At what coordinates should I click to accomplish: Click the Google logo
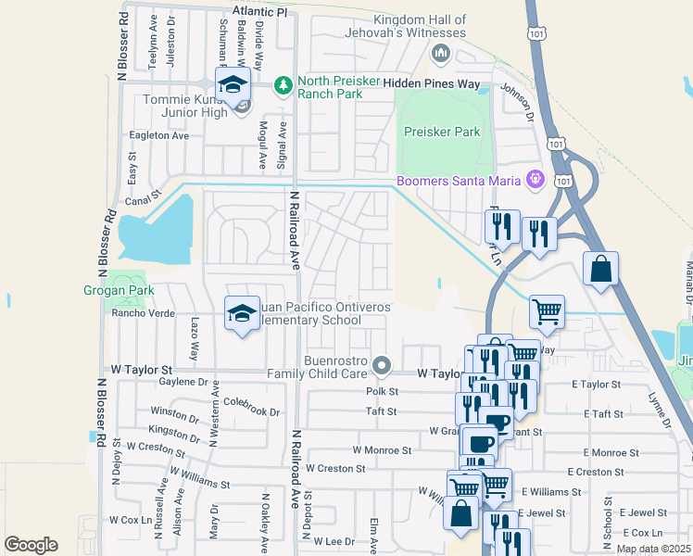31,545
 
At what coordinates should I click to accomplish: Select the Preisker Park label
442,132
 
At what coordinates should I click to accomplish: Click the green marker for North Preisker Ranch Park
283,85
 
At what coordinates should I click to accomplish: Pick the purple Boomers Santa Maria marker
534,179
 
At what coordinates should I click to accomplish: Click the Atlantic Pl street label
260,9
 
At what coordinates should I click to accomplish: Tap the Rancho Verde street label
144,312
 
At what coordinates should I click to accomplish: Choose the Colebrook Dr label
251,402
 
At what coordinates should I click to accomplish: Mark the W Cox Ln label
130,520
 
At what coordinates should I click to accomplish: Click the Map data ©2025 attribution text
653,549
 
